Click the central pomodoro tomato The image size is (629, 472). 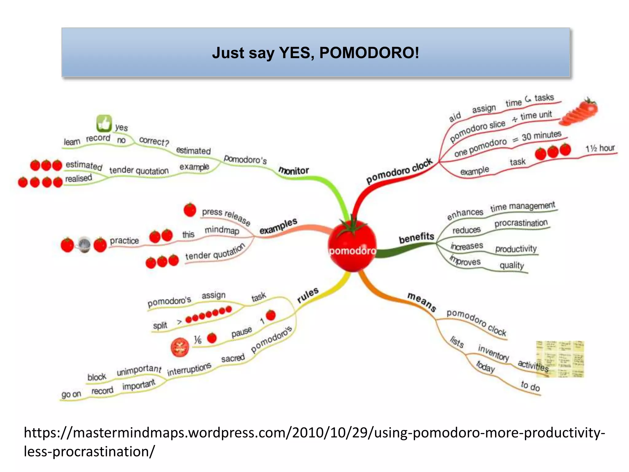353,246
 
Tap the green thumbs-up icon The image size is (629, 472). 104,124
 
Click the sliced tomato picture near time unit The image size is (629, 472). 579,112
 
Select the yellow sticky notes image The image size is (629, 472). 560,359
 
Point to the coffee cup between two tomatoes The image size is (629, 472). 84,245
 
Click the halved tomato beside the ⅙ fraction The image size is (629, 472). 180,347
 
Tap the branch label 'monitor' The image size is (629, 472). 294,171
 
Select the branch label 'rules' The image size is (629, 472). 308,295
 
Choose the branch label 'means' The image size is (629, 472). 422,302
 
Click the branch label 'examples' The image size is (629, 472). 278,226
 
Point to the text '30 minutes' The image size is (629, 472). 541,136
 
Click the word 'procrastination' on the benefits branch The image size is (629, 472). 521,223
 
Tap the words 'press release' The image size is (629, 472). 226,216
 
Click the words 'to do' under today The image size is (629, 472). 530,386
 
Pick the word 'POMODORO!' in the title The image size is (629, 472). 369,53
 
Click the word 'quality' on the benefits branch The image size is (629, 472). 512,265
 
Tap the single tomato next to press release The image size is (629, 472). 190,210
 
